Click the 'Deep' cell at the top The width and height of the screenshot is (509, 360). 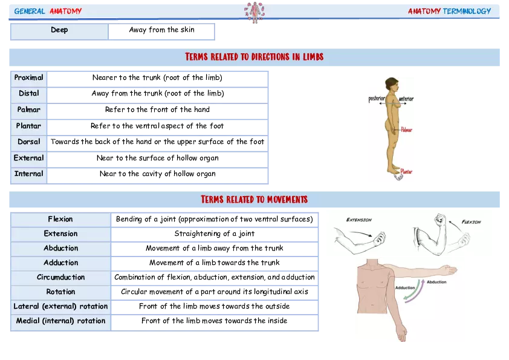pyautogui.click(x=59, y=30)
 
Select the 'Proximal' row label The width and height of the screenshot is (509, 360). pyautogui.click(x=29, y=78)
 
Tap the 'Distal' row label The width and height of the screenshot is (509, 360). pyautogui.click(x=29, y=94)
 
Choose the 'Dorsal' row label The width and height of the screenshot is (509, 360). pyautogui.click(x=29, y=142)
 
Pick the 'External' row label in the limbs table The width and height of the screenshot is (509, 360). pyautogui.click(x=29, y=159)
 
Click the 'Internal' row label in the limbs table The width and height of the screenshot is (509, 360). pyautogui.click(x=29, y=174)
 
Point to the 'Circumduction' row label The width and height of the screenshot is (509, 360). pyautogui.click(x=60, y=278)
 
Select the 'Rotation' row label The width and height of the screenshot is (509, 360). pyautogui.click(x=60, y=292)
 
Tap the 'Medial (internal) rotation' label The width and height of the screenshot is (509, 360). pyautogui.click(x=60, y=321)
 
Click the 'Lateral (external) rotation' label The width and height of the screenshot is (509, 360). pyautogui.click(x=60, y=307)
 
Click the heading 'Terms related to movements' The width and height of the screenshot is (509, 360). pyautogui.click(x=254, y=200)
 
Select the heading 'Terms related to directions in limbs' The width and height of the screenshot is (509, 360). pyautogui.click(x=254, y=57)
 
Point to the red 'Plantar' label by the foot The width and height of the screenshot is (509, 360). pyautogui.click(x=406, y=172)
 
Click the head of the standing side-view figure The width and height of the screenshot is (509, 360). pyautogui.click(x=392, y=83)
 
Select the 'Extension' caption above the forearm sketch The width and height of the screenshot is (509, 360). pyautogui.click(x=359, y=220)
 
